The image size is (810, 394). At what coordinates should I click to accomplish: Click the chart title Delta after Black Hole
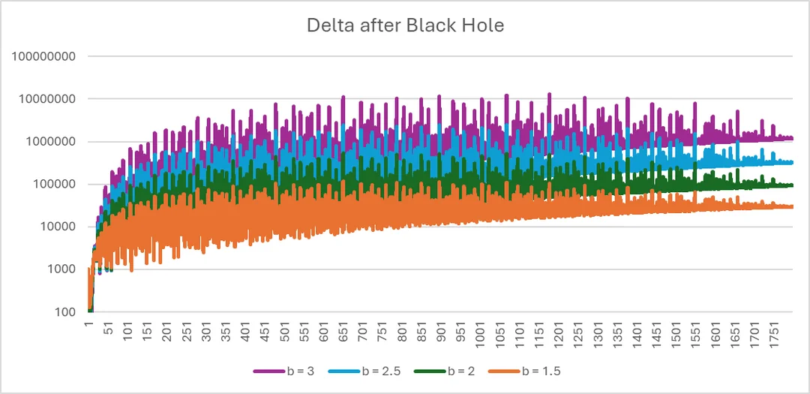(x=405, y=25)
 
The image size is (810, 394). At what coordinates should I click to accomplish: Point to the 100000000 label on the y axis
(x=44, y=56)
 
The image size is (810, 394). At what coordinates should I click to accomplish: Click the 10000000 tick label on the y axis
(x=47, y=99)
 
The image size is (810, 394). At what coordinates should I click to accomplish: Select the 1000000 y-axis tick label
(x=50, y=142)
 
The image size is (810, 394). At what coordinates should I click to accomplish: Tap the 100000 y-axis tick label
(x=53, y=185)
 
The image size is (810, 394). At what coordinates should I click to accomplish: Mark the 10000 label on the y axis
(x=56, y=227)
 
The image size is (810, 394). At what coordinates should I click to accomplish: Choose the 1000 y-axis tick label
(x=59, y=269)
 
